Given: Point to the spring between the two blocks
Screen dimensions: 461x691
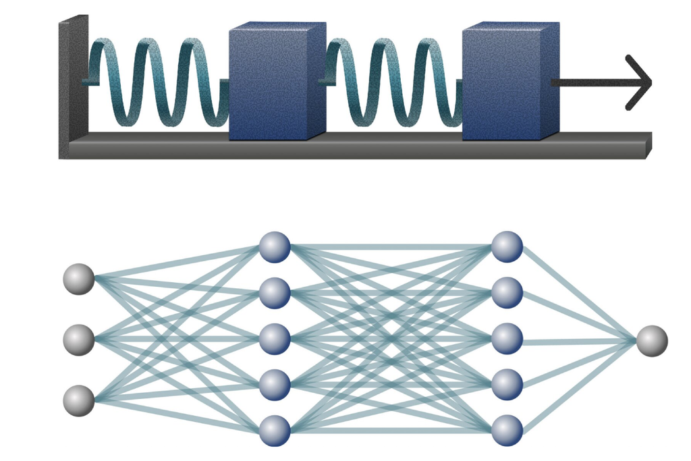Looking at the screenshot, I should (x=391, y=82).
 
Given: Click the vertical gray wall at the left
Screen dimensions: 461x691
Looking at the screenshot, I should (x=72, y=88).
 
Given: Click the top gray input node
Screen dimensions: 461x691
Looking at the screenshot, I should (x=79, y=279).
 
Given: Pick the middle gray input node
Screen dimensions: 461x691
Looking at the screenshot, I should (x=79, y=340).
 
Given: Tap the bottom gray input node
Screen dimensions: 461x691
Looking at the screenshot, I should (x=79, y=400).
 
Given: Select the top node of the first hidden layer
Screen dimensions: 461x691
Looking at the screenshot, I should (x=275, y=246).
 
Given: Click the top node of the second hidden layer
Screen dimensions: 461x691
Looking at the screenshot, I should (x=507, y=246).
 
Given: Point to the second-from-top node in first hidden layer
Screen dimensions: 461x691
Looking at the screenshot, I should (x=275, y=292).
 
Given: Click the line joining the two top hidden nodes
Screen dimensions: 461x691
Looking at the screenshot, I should (x=391, y=246).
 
